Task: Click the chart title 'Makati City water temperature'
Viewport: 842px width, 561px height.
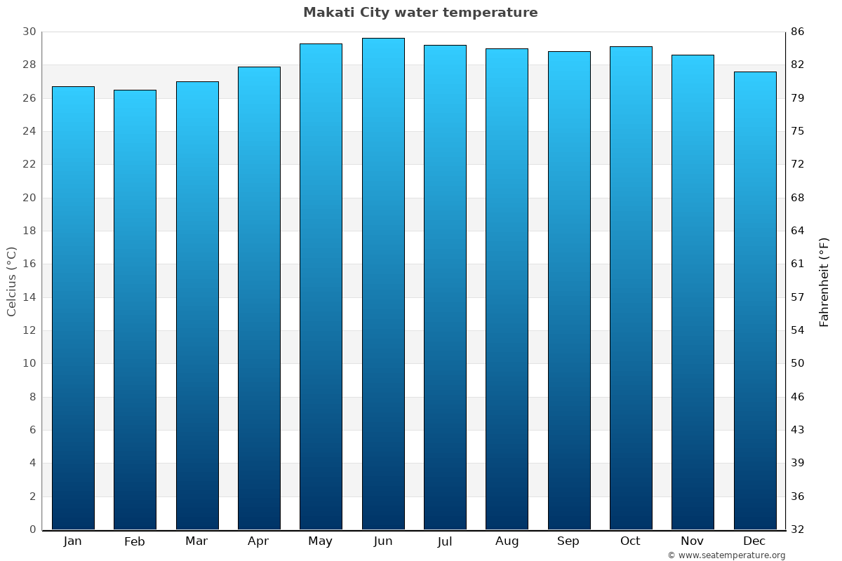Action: [420, 13]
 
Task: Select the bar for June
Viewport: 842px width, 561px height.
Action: [383, 284]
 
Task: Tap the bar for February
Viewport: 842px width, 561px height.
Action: [135, 309]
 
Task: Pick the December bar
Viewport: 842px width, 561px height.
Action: [755, 300]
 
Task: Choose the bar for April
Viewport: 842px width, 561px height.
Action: [259, 298]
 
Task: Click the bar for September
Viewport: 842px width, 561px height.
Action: [569, 290]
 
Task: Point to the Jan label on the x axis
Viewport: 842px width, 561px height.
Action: [73, 541]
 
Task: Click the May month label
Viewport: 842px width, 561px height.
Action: [321, 541]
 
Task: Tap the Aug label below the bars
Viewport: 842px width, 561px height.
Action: [507, 541]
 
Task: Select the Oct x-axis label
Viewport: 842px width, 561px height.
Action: [630, 541]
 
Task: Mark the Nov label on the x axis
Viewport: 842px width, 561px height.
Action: [692, 541]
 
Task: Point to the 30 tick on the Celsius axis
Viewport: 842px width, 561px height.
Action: [29, 32]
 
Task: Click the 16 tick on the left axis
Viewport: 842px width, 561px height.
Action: [29, 264]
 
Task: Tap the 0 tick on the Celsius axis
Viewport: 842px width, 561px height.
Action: [32, 529]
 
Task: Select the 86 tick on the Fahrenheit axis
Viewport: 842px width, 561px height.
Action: [798, 32]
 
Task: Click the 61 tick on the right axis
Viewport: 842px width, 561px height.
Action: [798, 264]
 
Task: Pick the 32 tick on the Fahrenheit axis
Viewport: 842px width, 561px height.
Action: [798, 529]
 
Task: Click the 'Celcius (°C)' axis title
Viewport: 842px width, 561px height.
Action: [12, 281]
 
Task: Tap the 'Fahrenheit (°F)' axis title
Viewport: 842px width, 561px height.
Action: [824, 281]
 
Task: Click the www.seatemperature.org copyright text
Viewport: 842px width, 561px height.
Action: [726, 555]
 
